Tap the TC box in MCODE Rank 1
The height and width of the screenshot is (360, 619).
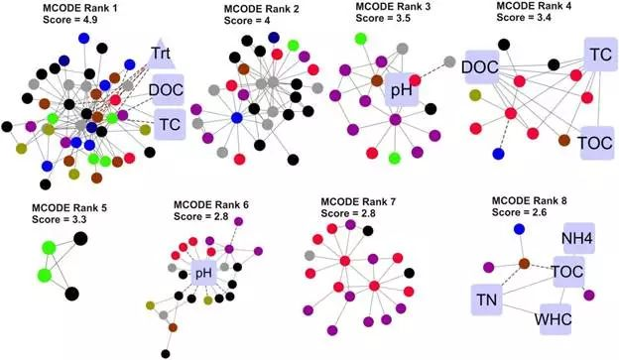point(170,124)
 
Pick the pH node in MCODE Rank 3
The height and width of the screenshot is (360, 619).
point(402,93)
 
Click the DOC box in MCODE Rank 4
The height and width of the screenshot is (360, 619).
point(480,66)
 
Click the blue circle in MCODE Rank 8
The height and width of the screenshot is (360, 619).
point(518,230)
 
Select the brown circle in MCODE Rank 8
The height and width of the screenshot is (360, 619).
point(523,264)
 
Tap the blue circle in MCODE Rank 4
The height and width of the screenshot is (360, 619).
point(497,154)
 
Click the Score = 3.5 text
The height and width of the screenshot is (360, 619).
point(381,18)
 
